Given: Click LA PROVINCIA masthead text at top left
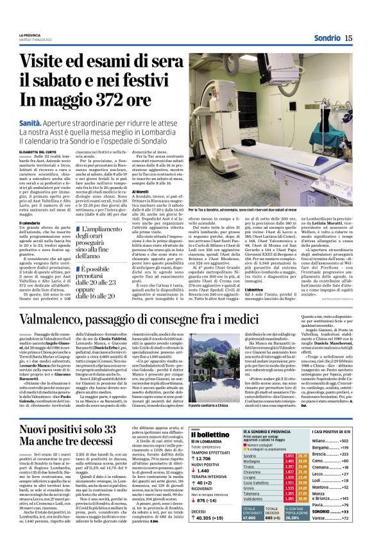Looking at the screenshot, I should (29, 35).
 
